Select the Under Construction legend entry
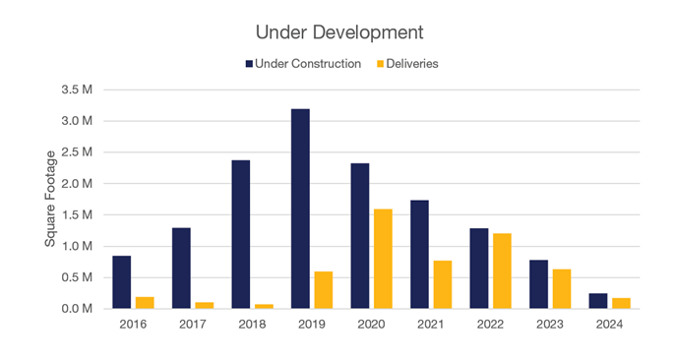tap(306, 64)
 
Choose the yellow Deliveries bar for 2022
tap(502, 270)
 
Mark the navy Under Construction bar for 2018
tap(241, 234)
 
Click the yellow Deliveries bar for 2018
tap(264, 306)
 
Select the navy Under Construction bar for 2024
tap(598, 301)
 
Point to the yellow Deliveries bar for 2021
tap(443, 284)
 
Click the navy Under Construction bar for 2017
tap(182, 268)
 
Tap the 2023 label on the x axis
tap(549, 323)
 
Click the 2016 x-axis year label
tap(133, 323)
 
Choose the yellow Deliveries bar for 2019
tap(324, 290)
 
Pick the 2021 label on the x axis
tap(431, 323)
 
